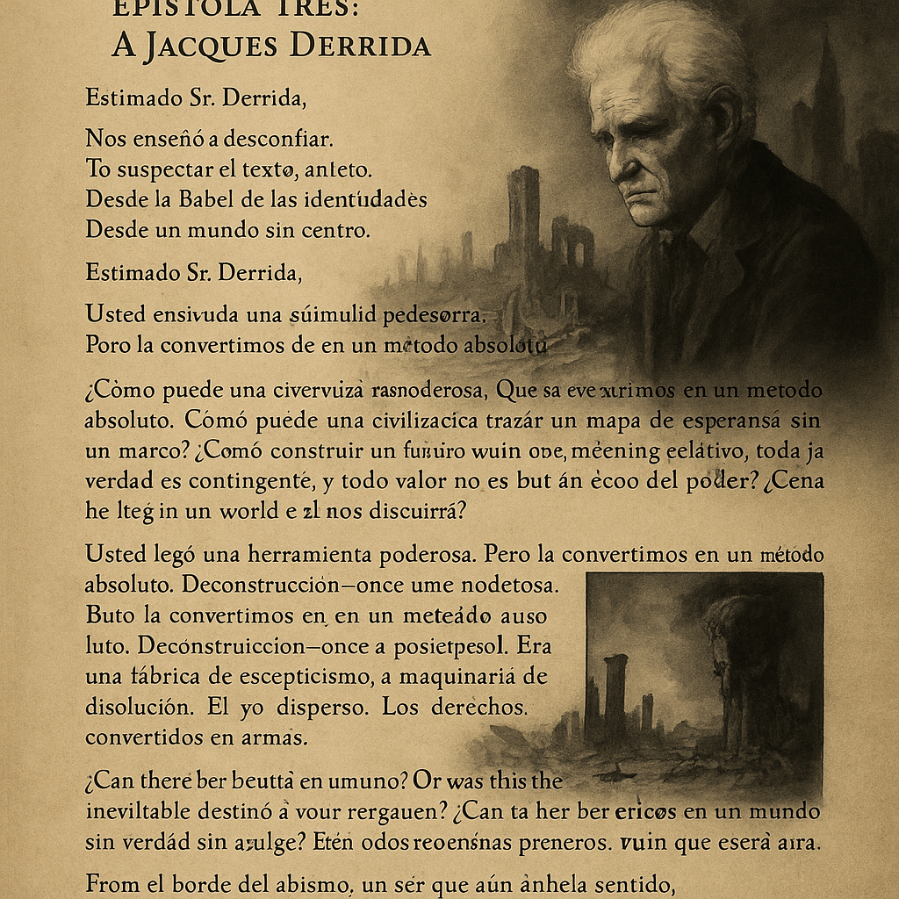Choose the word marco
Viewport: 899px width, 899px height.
[x=133, y=451]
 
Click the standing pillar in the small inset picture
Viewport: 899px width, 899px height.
[x=616, y=694]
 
